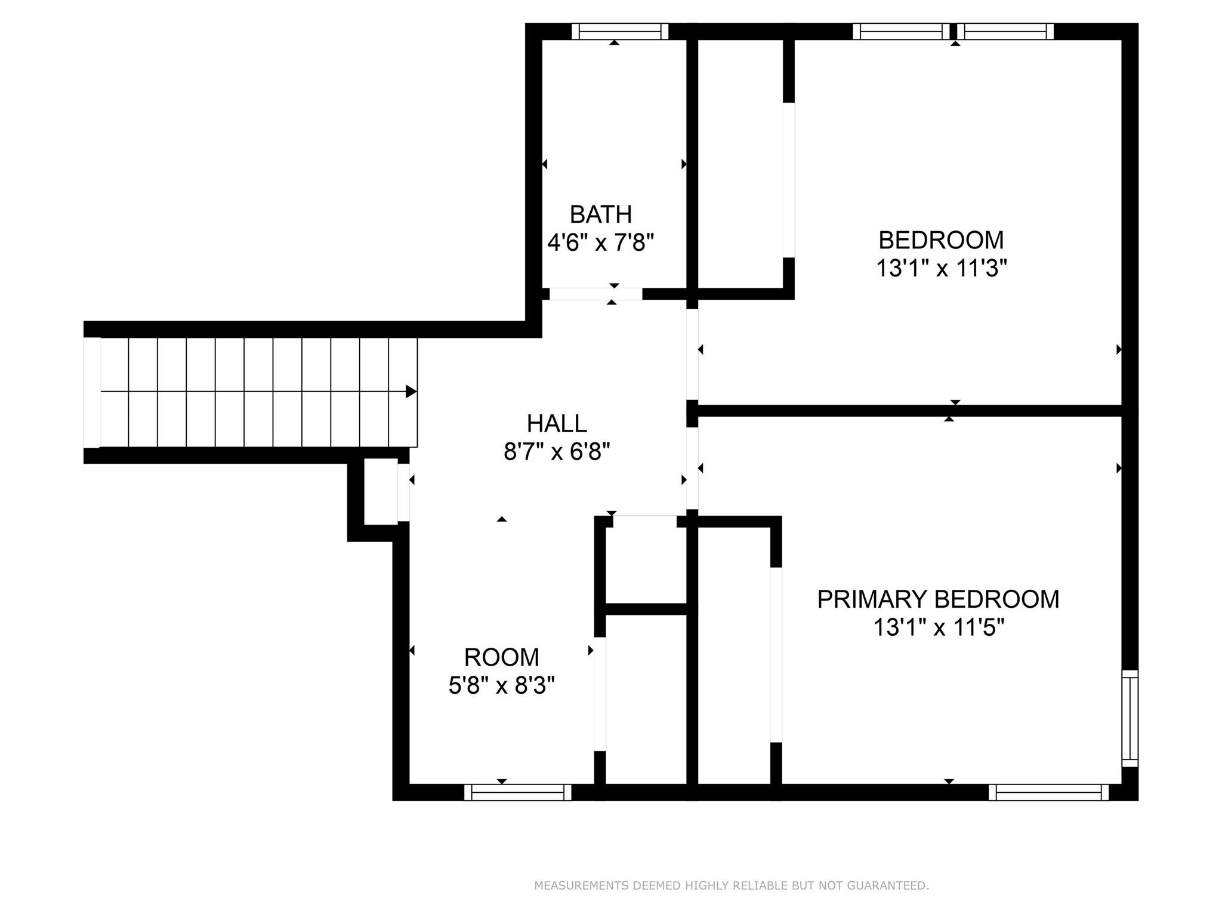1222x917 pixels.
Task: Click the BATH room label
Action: (600, 214)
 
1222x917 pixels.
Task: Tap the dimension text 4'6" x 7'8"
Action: (600, 243)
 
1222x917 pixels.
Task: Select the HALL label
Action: (557, 424)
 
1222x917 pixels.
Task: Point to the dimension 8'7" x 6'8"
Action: (557, 452)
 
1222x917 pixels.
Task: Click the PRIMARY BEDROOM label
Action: (938, 599)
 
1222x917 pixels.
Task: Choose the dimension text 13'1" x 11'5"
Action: (939, 628)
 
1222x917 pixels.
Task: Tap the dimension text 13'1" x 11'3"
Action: (941, 269)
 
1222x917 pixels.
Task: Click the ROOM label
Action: (501, 657)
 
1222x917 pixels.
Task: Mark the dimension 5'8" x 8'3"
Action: (501, 686)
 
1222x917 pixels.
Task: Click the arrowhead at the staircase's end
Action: (411, 392)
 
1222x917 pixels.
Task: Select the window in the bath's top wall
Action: (619, 32)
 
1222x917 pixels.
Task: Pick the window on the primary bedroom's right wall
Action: (1130, 718)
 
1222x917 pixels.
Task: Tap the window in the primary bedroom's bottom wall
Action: (1048, 792)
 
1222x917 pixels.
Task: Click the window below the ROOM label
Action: (517, 792)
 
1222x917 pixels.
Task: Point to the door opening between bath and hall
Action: (595, 294)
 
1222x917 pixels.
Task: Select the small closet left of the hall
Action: (381, 491)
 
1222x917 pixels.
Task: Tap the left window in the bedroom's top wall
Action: (900, 32)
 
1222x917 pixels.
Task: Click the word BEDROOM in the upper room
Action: (941, 240)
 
